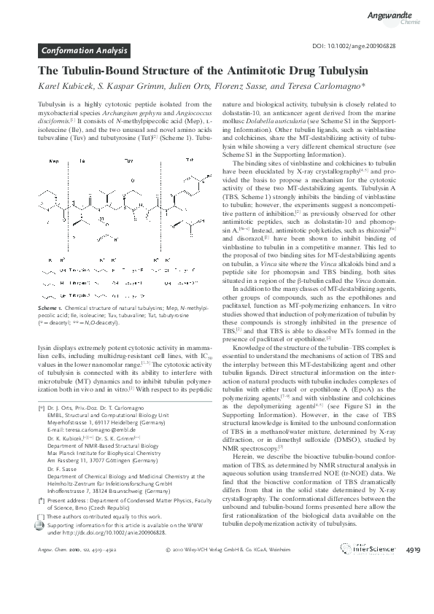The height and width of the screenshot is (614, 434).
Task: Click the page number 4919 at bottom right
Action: click(x=414, y=589)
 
